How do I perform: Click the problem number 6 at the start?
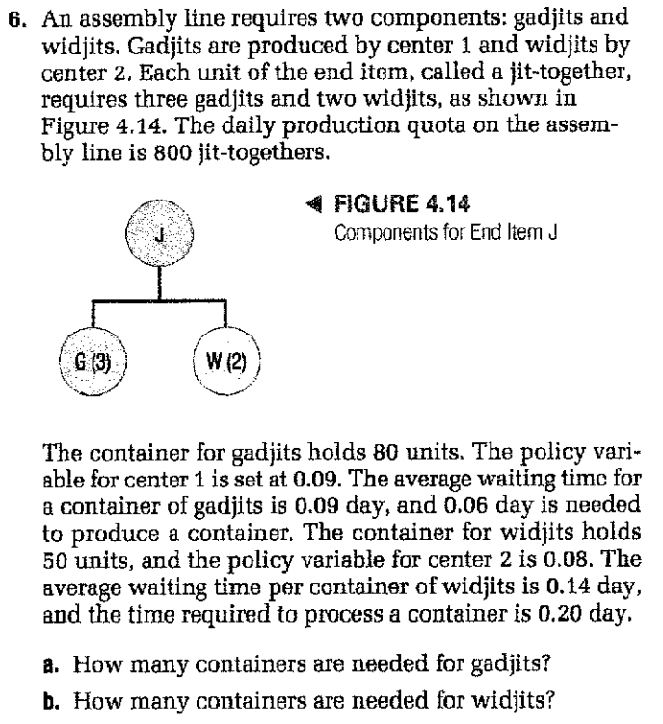tap(13, 16)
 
